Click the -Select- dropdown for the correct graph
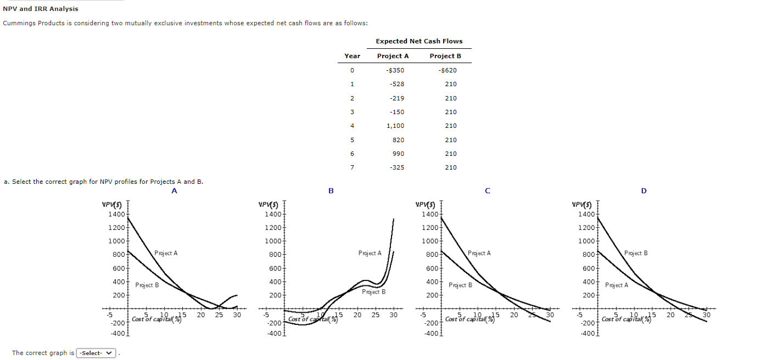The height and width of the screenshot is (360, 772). click(x=97, y=353)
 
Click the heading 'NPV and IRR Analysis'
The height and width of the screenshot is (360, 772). click(x=41, y=9)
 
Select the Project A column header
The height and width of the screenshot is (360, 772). click(x=393, y=56)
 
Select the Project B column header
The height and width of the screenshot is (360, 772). click(x=445, y=56)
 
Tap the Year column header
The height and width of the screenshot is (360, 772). click(x=352, y=56)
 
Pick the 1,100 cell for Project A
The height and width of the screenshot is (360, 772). click(x=395, y=126)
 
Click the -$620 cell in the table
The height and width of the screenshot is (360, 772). click(x=447, y=70)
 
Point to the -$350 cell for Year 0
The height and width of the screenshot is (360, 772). click(x=395, y=70)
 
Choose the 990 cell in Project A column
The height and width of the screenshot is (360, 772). click(x=398, y=154)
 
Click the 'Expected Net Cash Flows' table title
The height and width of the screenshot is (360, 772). click(x=419, y=41)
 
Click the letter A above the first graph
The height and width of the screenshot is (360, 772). click(x=174, y=191)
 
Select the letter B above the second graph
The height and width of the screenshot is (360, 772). click(x=331, y=191)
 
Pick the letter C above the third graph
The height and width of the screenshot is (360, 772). click(x=487, y=191)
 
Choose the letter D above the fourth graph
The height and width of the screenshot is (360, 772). click(x=644, y=191)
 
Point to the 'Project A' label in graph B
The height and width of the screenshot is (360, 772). click(x=370, y=253)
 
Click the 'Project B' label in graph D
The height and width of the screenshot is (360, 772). click(x=636, y=253)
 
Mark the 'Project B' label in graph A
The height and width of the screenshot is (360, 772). click(x=147, y=285)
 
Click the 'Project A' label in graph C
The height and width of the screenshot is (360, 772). click(x=479, y=253)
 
